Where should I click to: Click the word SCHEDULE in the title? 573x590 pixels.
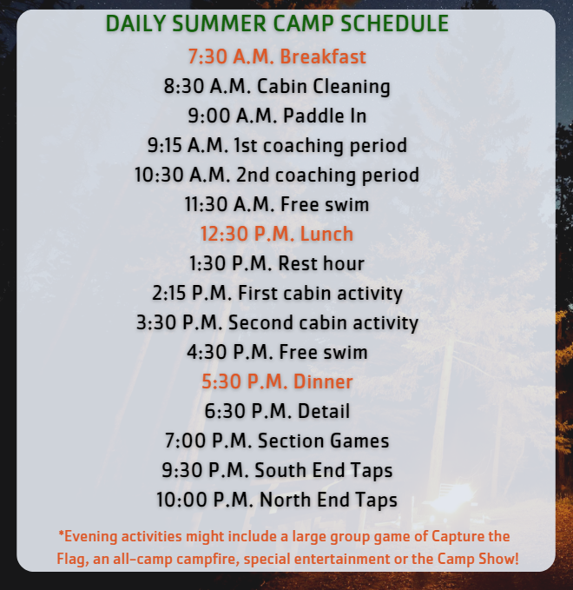pyautogui.click(x=394, y=23)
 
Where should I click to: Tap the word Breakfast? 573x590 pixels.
pyautogui.click(x=323, y=56)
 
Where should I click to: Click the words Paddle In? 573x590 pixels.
pyautogui.click(x=325, y=116)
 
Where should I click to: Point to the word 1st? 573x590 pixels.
pyautogui.click(x=246, y=145)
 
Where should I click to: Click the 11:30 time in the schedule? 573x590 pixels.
pyautogui.click(x=206, y=204)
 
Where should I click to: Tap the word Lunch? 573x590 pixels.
pyautogui.click(x=326, y=234)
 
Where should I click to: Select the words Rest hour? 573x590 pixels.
pyautogui.click(x=321, y=263)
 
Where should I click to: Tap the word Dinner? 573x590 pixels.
pyautogui.click(x=323, y=381)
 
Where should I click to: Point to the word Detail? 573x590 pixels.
pyautogui.click(x=324, y=411)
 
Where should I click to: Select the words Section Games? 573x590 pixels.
pyautogui.click(x=323, y=441)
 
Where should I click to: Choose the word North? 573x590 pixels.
pyautogui.click(x=286, y=500)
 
